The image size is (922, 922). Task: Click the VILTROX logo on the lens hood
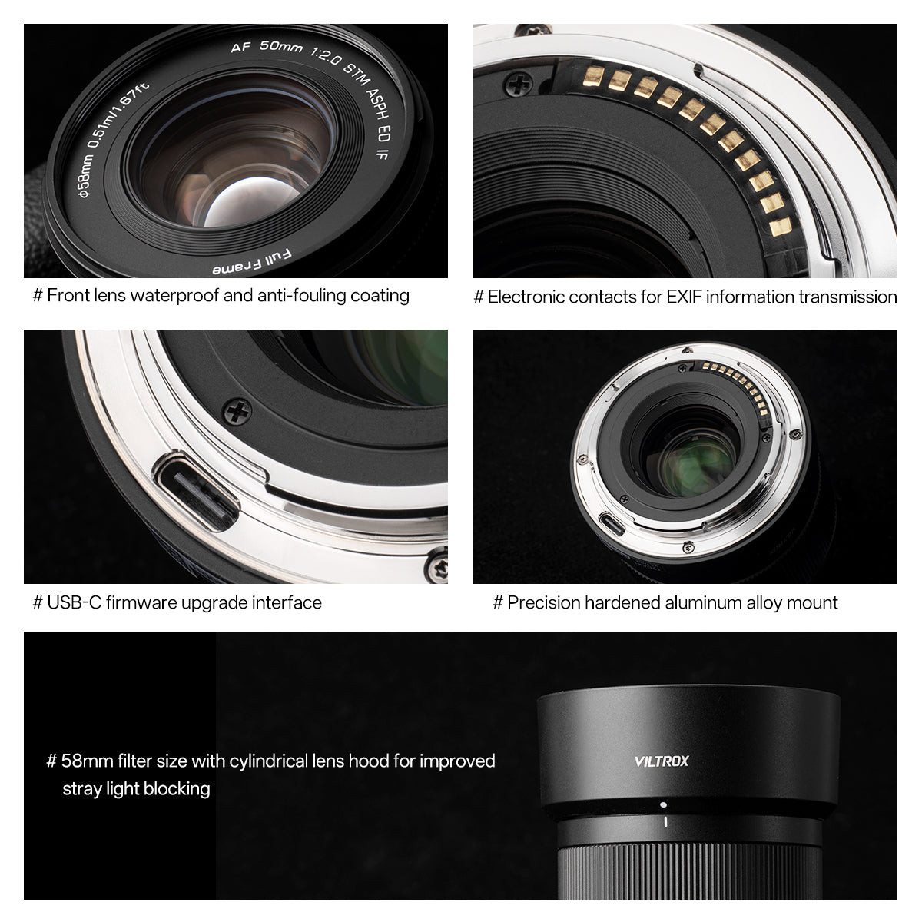coord(662,761)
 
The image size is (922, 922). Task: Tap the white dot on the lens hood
coord(663,804)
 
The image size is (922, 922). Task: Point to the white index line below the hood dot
coord(665,823)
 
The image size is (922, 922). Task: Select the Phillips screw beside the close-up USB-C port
coord(237,412)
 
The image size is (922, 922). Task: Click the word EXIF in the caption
coord(672,297)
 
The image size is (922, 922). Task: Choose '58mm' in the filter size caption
coord(88,761)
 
